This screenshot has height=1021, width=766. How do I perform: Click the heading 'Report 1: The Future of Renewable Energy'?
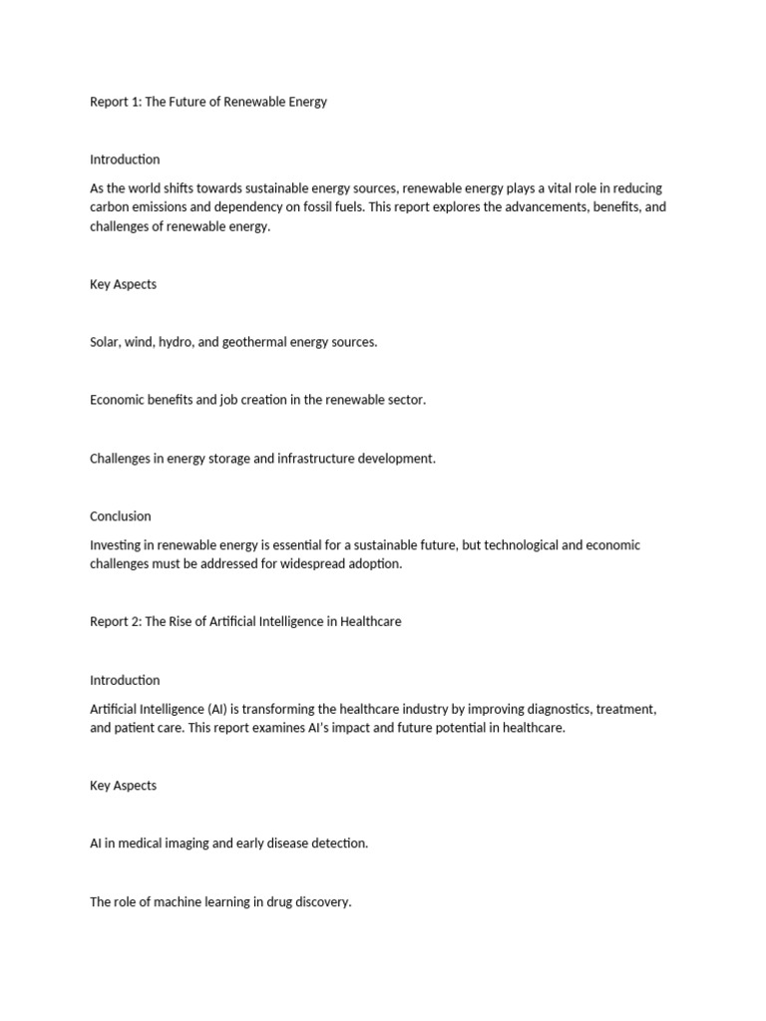208,102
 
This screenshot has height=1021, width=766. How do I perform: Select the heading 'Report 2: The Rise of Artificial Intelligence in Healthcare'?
245,622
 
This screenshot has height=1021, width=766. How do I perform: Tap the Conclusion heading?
121,516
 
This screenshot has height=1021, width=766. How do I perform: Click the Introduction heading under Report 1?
125,160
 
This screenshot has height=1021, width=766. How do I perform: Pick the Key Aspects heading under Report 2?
123,786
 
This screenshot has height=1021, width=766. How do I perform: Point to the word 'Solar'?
105,342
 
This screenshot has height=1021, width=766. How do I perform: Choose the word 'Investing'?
117,545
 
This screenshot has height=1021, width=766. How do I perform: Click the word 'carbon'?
110,207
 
